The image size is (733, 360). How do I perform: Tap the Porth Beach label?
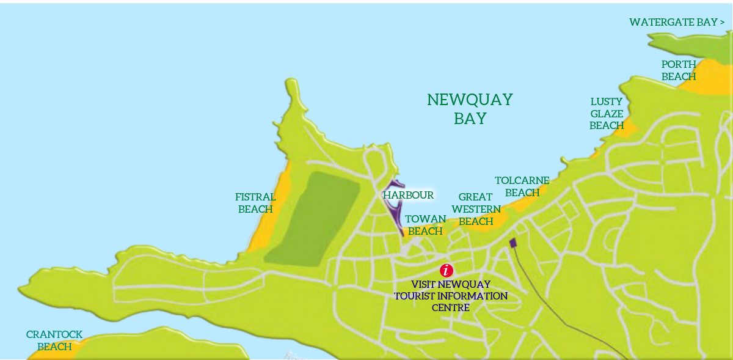pos(679,70)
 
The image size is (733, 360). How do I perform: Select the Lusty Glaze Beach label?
pos(606,113)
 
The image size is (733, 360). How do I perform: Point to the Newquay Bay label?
pos(470,109)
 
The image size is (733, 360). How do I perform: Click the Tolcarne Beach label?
pos(522,186)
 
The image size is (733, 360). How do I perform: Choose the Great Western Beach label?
pos(476,209)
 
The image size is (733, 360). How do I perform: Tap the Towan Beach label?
pos(425,225)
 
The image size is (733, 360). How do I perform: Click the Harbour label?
pos(409,195)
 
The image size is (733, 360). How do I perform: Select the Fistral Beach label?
pos(255,203)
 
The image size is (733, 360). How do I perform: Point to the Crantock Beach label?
pos(54,340)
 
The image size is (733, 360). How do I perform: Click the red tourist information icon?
pos(447,270)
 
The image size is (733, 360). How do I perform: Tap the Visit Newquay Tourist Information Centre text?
pos(451,296)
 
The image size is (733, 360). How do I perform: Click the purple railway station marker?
pos(513,243)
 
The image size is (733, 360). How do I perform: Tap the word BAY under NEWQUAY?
pos(470,119)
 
